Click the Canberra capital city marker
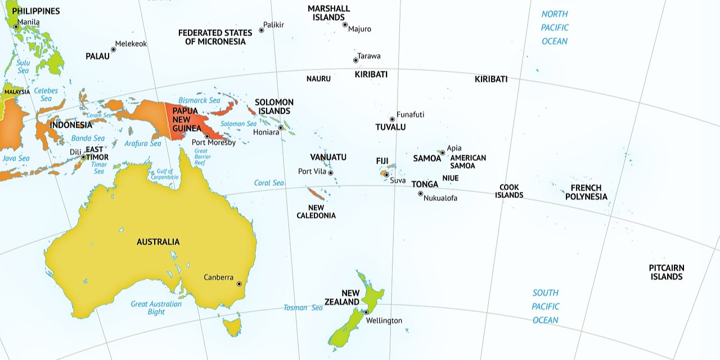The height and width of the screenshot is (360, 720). click(x=239, y=284)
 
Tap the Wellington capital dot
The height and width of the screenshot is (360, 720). click(x=366, y=312)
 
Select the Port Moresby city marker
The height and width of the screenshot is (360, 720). click(x=207, y=136)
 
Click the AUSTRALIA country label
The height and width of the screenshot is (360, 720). click(x=158, y=242)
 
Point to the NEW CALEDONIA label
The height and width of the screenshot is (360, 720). click(x=316, y=211)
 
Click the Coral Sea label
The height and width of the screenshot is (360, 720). click(x=269, y=183)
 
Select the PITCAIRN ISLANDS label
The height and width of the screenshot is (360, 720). click(x=667, y=272)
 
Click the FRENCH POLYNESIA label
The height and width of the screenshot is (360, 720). click(x=586, y=192)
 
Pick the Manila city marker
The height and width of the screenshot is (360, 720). click(x=16, y=26)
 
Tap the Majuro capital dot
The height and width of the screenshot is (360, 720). click(x=345, y=25)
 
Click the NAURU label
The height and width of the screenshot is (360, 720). click(x=318, y=79)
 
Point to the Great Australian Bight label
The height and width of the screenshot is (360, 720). click(x=148, y=308)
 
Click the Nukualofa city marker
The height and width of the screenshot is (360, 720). click(x=420, y=193)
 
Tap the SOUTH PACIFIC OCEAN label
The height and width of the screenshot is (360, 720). click(x=546, y=307)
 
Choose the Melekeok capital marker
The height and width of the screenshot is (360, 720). click(x=113, y=49)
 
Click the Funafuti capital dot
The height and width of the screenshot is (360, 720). click(x=392, y=119)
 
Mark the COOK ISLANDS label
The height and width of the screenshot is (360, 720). click(x=509, y=191)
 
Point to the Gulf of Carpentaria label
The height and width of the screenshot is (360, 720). click(x=164, y=174)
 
